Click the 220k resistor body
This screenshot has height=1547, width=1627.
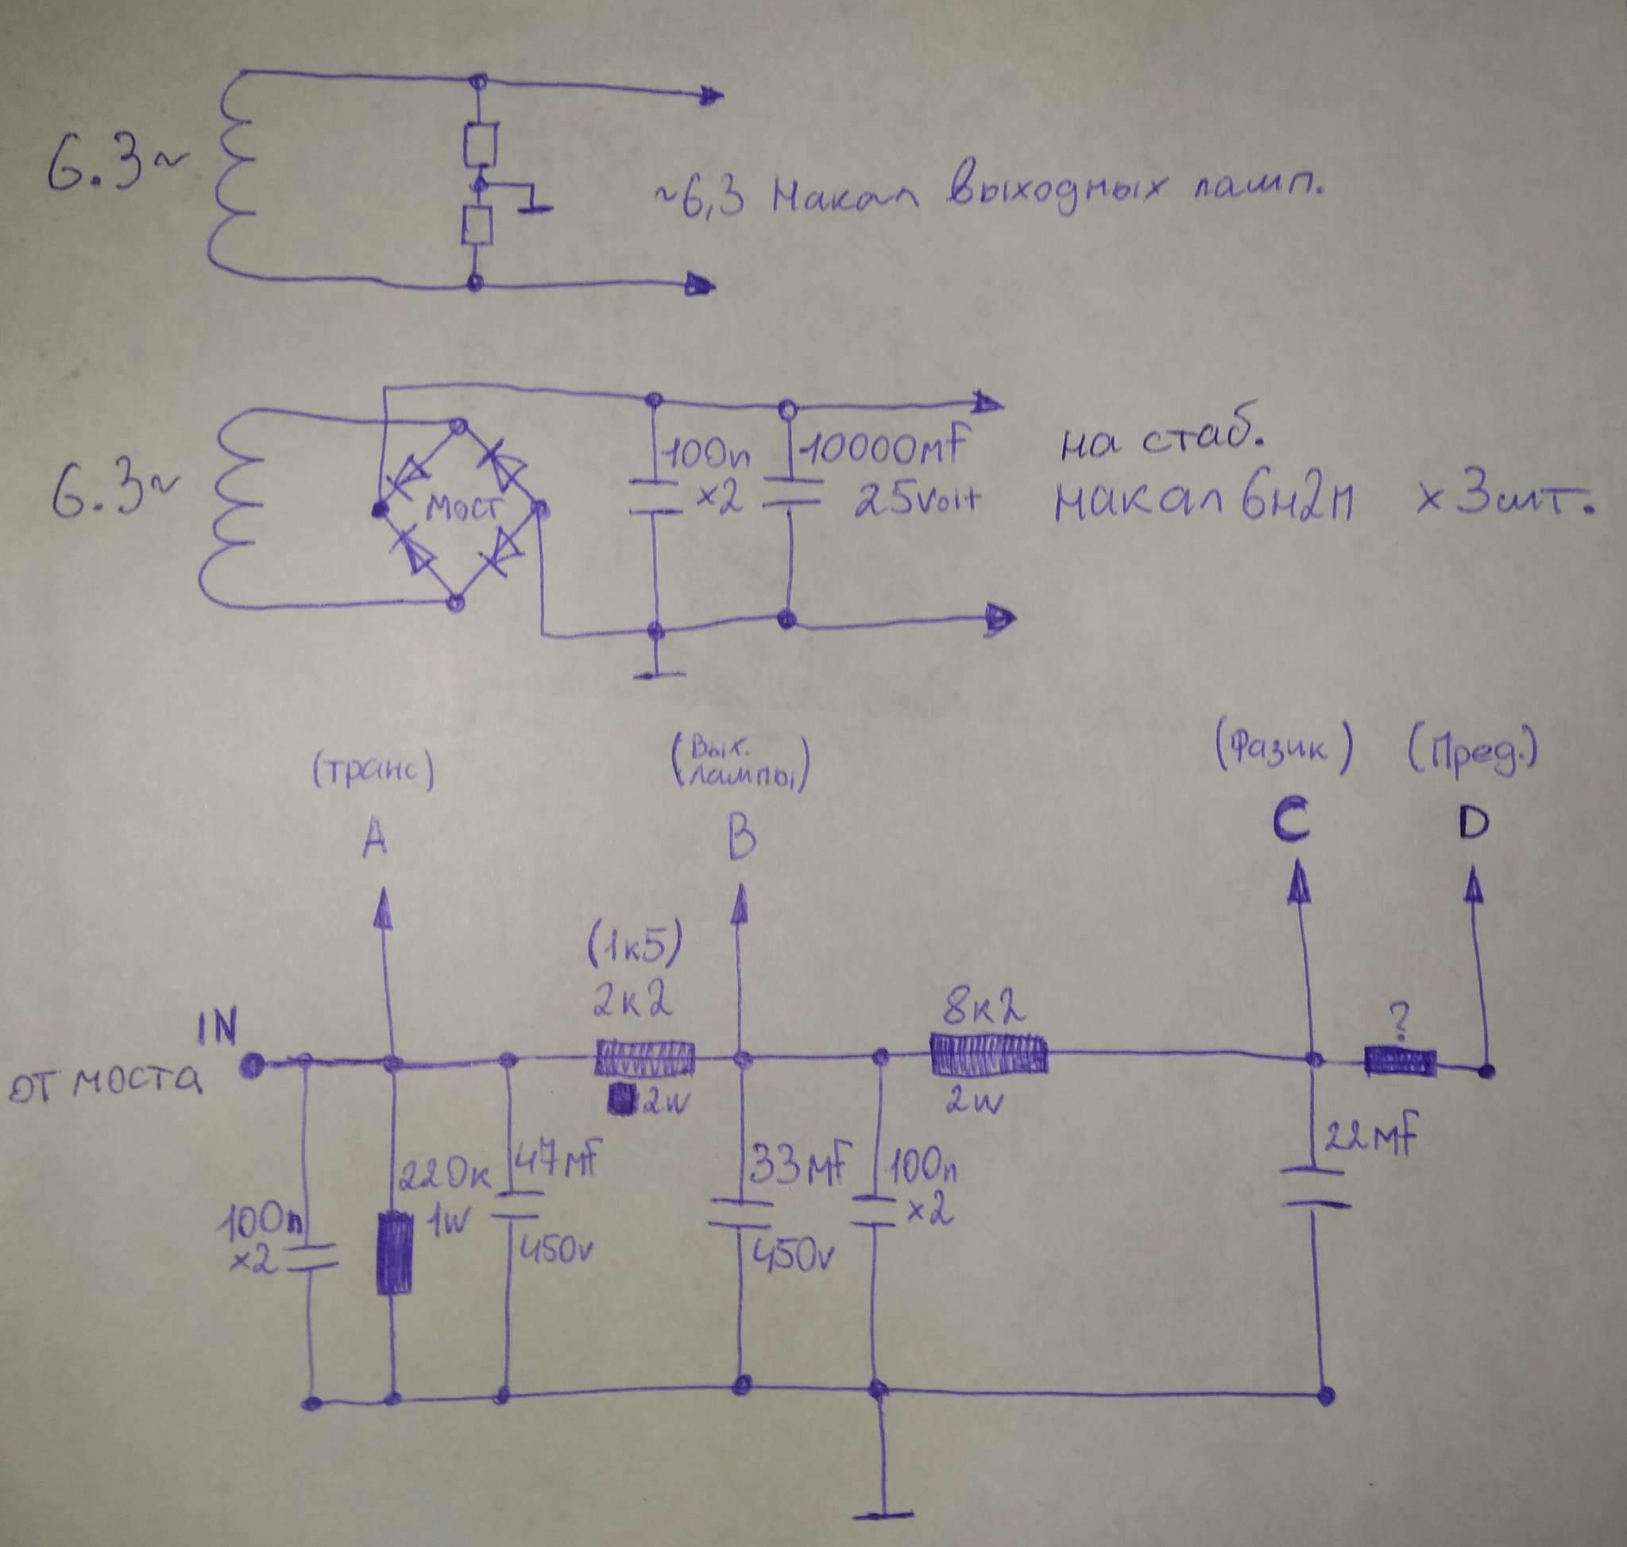395,1251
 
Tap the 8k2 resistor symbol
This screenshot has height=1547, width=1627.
989,1054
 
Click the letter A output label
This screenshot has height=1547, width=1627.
376,838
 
